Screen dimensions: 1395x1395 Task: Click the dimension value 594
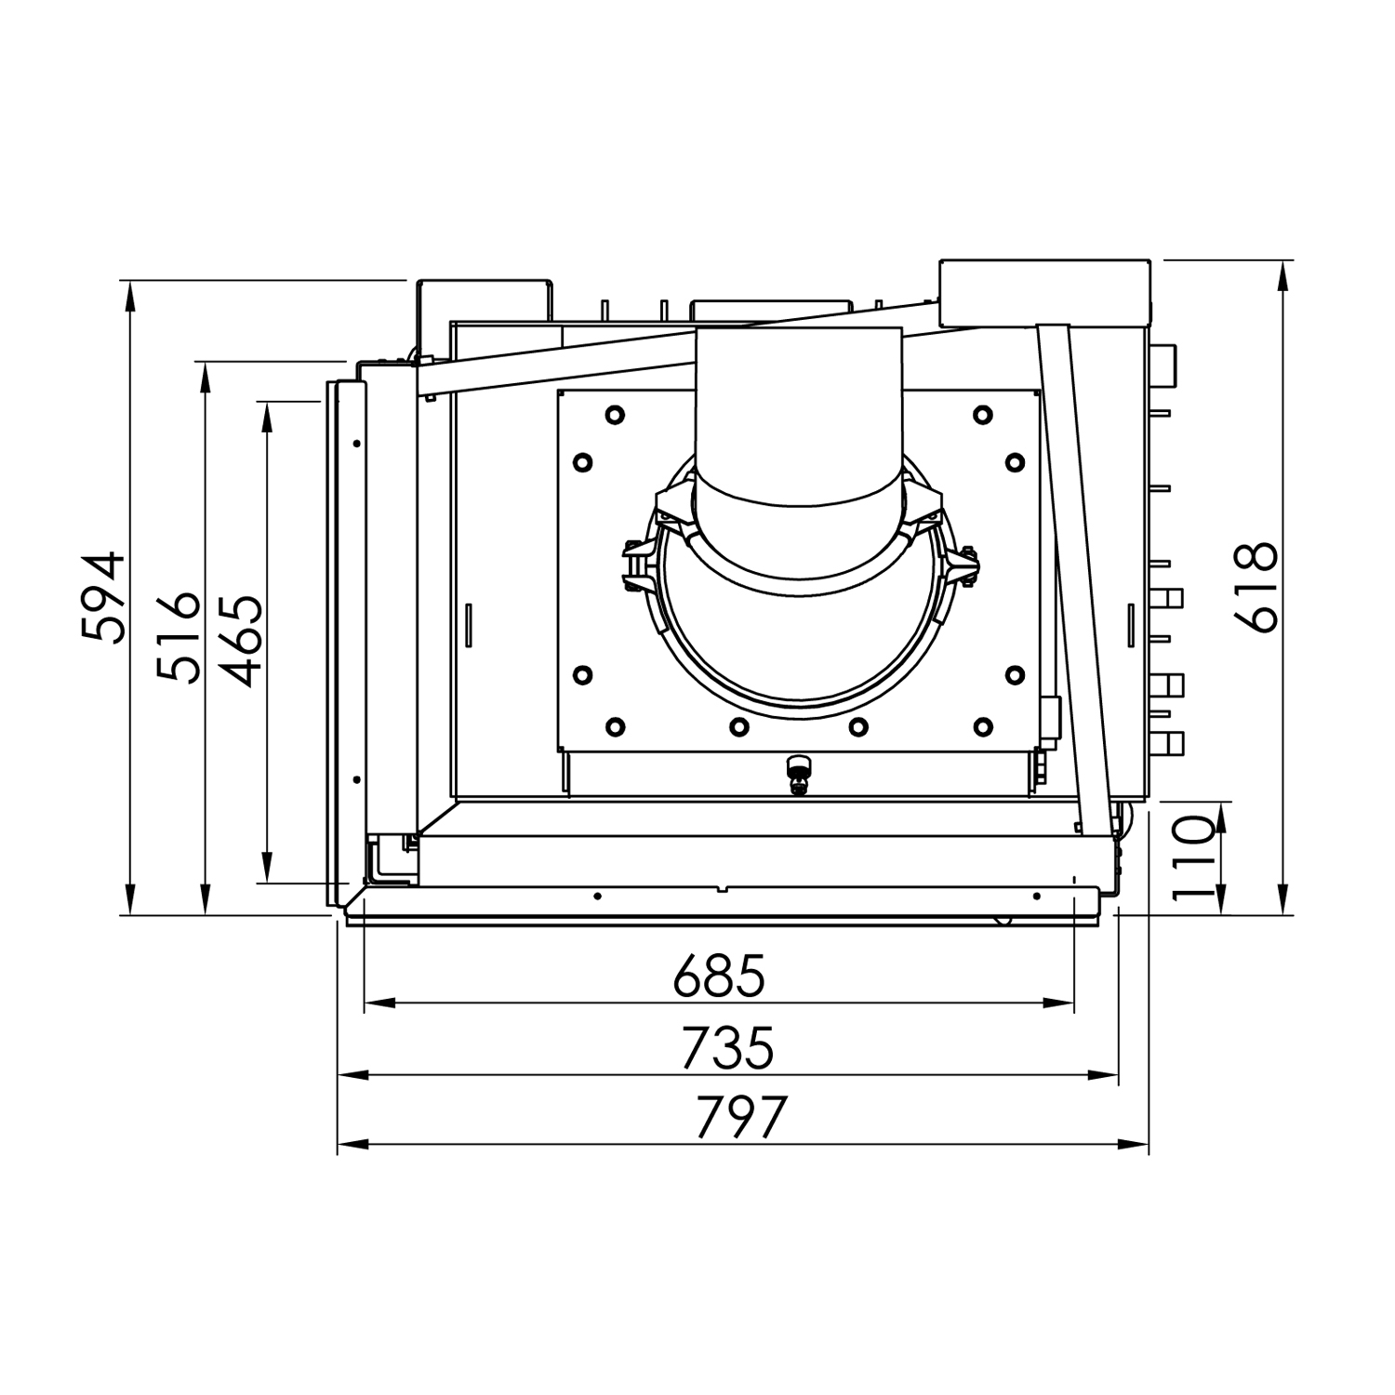102,597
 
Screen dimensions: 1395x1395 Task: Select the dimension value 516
179,637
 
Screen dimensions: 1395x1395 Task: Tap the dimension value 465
232,642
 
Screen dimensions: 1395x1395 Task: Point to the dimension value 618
1256,588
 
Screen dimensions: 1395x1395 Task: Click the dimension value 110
1193,857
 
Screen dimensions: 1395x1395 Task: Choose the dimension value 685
719,976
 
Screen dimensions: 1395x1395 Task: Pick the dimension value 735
726,1048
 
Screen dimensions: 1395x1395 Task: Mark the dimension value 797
741,1117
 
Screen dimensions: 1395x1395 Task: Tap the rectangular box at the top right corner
1044,292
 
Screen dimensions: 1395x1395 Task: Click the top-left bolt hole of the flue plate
614,415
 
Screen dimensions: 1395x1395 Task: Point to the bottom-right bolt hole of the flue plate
982,726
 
